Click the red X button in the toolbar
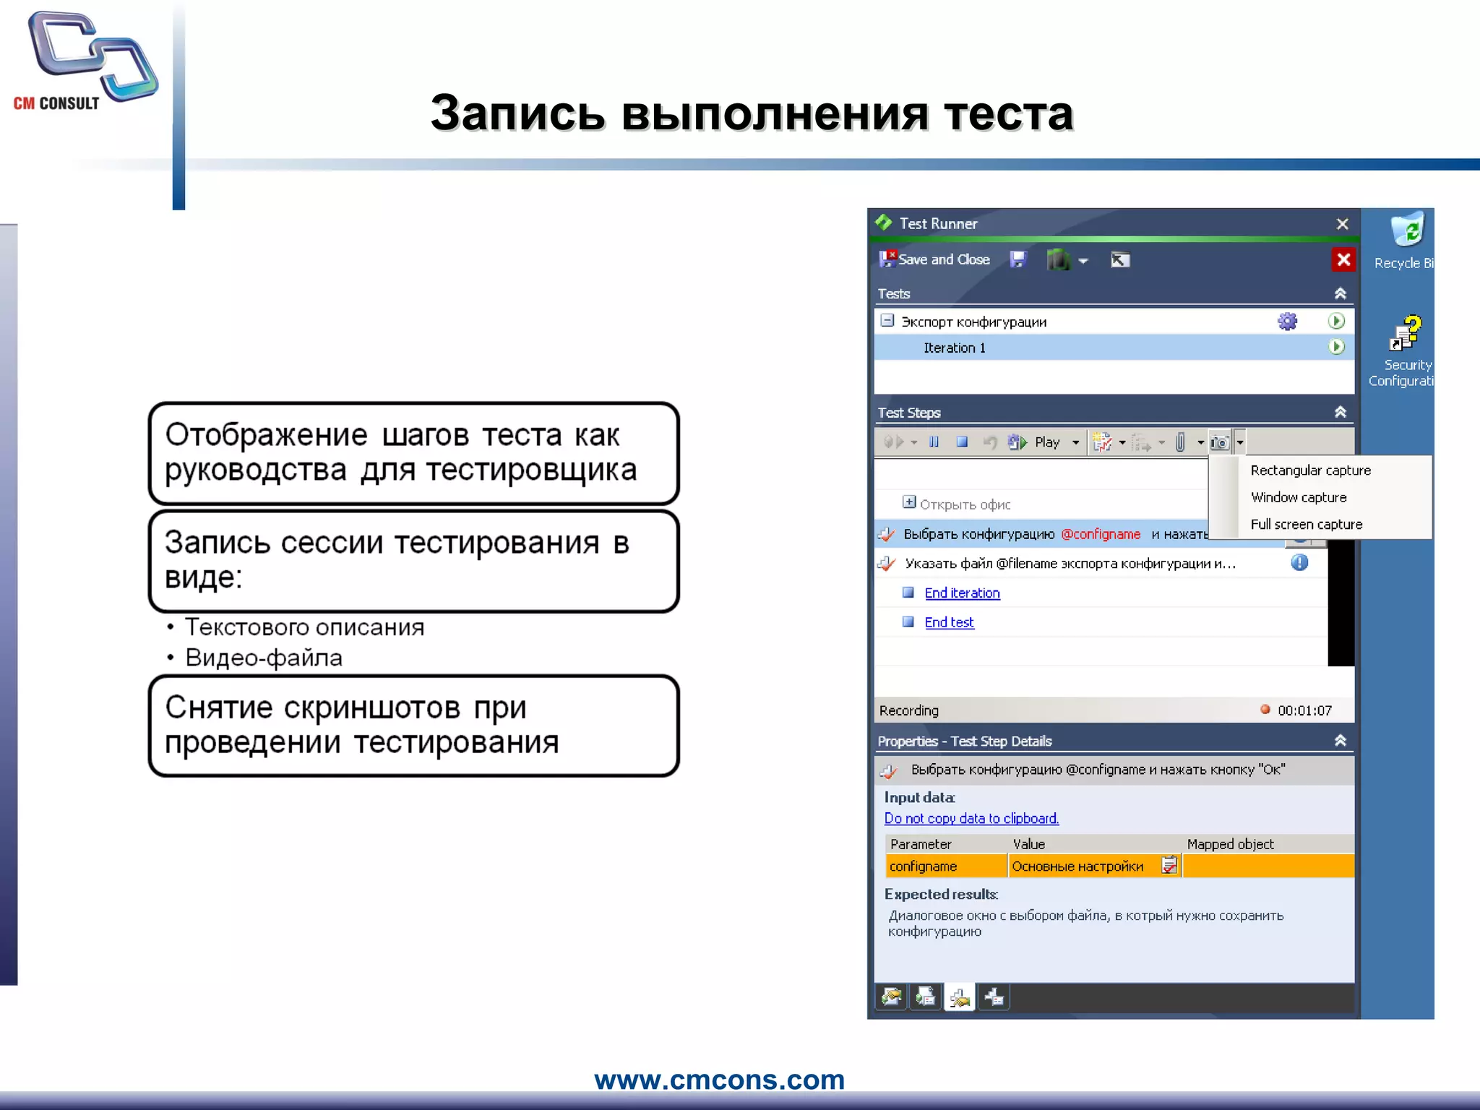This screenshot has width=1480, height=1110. pos(1343,259)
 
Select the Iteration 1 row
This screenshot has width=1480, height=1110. pos(954,348)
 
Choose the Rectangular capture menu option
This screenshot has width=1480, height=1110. pos(1310,470)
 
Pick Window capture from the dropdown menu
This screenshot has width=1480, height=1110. pos(1299,497)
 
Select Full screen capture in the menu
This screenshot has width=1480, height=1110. pos(1306,525)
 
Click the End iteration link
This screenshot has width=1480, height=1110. pos(962,593)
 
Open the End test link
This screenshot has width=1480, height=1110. pos(949,623)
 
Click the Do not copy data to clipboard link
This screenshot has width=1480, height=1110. pos(971,819)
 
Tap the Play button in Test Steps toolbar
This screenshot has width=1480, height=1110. pos(1046,442)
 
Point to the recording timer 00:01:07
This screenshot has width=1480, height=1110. pos(1304,710)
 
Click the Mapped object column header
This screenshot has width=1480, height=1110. pos(1230,844)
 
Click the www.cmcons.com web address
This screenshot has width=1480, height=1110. pos(719,1080)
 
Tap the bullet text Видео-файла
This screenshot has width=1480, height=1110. pos(264,658)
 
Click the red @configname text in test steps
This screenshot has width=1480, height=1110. pos(1101,534)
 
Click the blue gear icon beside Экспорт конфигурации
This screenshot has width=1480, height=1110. pos(1287,322)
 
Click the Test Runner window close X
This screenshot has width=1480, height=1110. pos(1342,224)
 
